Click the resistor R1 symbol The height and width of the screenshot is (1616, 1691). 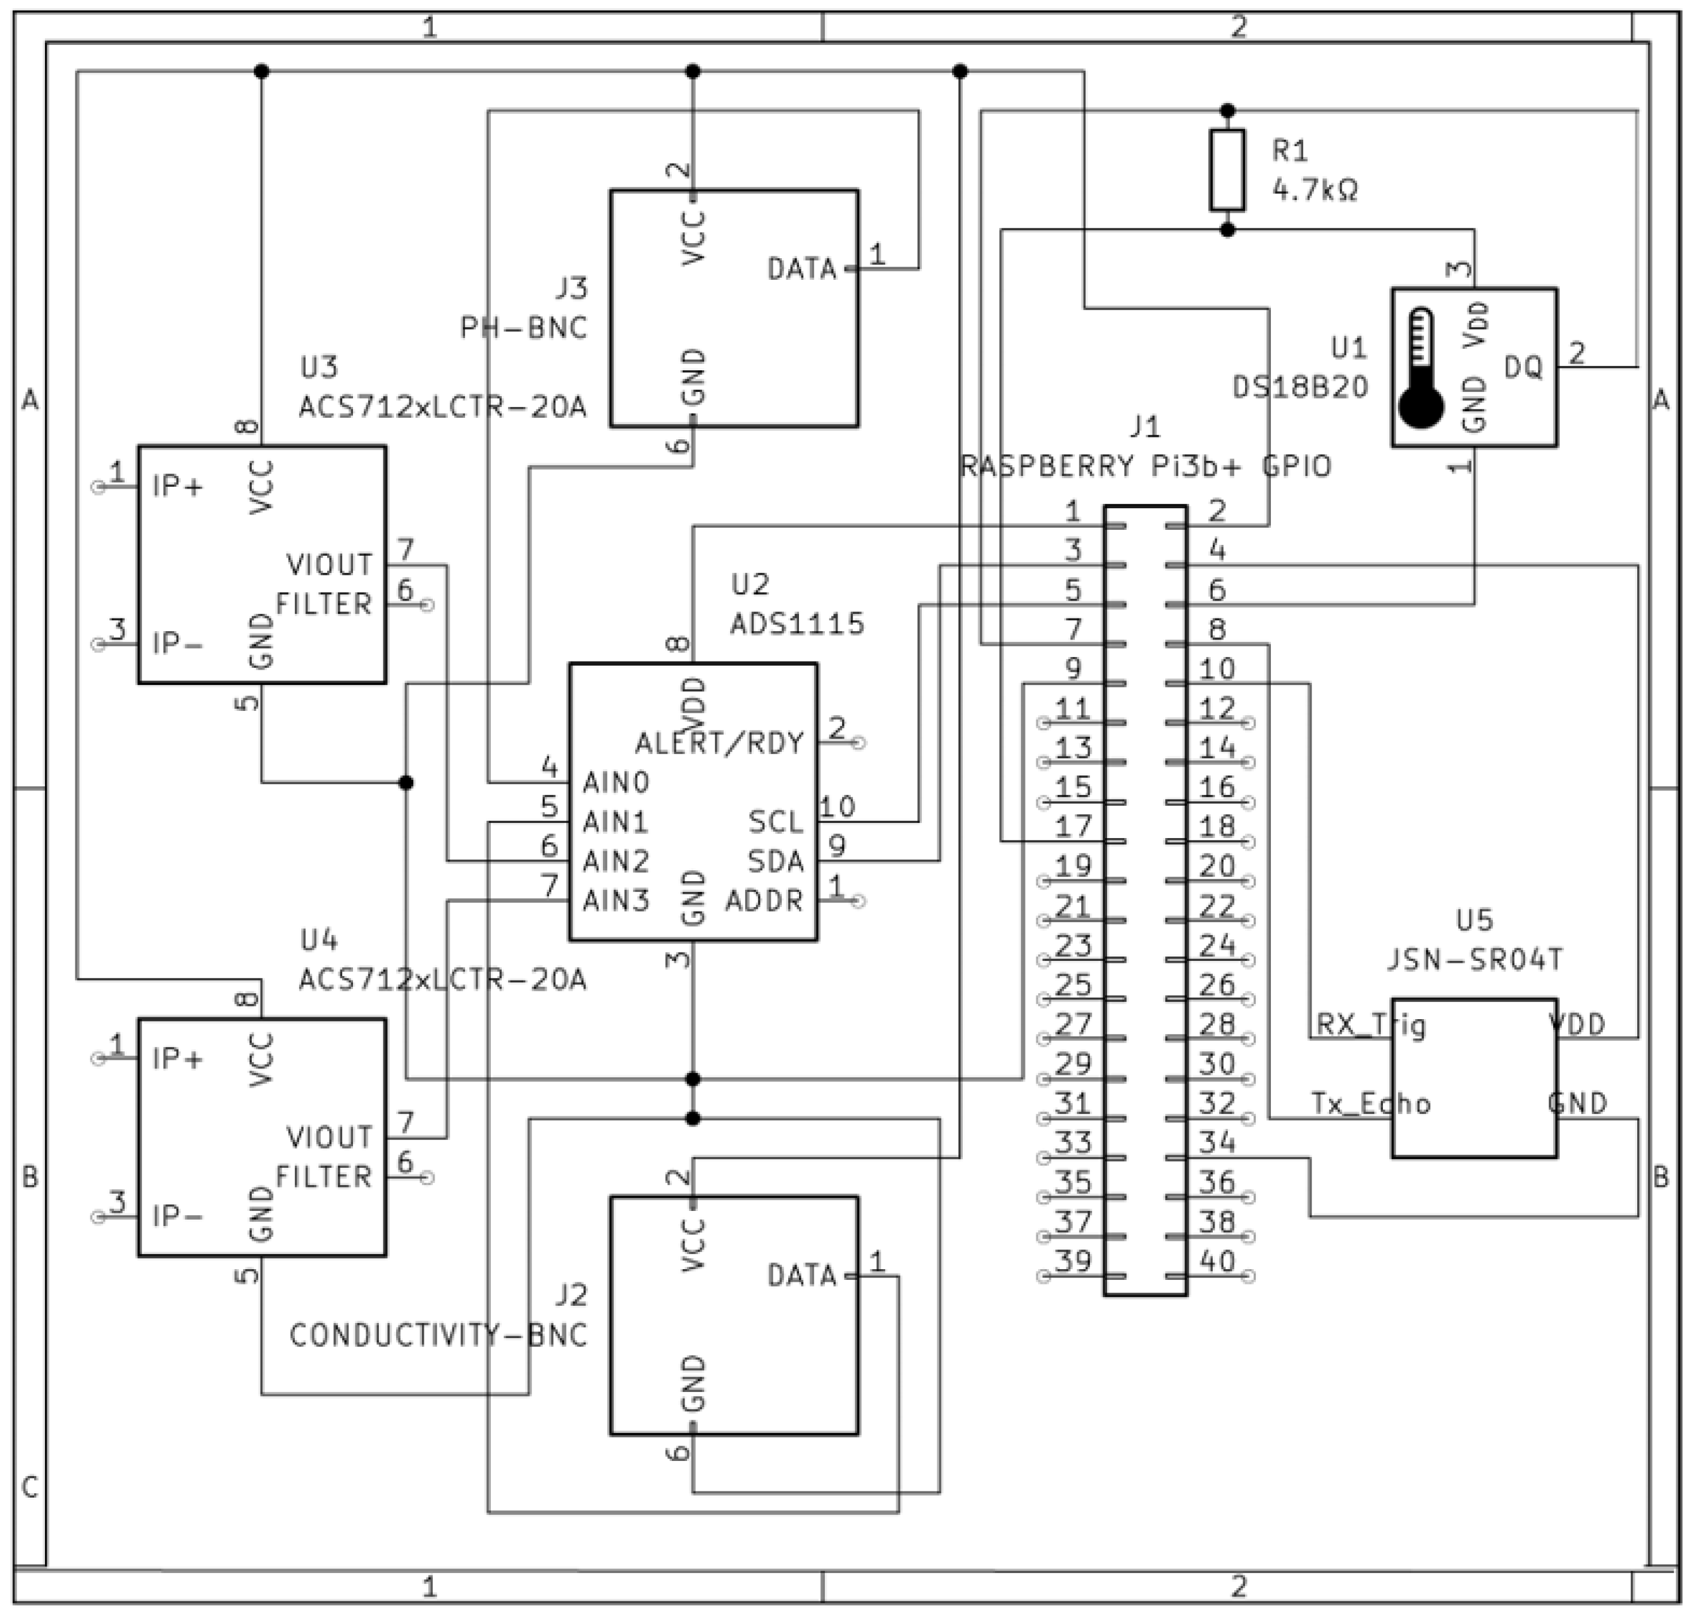[1227, 170]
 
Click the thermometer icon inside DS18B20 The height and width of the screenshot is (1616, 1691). [1421, 368]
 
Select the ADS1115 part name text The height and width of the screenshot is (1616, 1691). [796, 623]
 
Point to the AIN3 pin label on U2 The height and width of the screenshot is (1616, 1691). [616, 901]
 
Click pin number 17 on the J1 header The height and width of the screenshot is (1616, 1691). [1073, 827]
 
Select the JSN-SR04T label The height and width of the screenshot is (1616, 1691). [1474, 960]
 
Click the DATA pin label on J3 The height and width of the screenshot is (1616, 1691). [802, 270]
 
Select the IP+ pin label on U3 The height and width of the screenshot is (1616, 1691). [178, 487]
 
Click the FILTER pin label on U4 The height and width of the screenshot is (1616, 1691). [324, 1177]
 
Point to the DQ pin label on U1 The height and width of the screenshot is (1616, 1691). [1523, 368]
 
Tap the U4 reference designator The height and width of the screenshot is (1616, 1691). [319, 941]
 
